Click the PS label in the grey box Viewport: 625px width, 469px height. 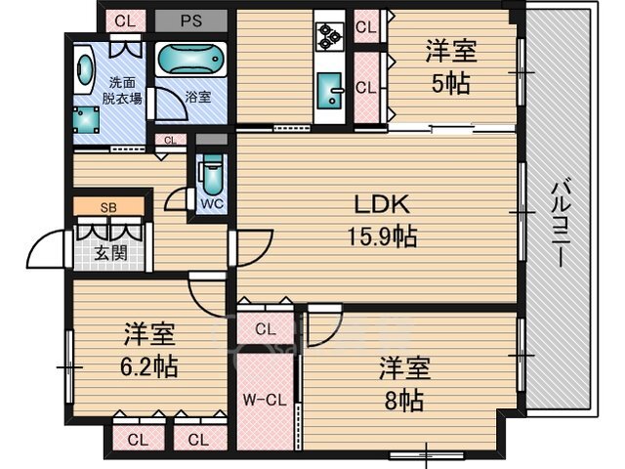[x=191, y=21]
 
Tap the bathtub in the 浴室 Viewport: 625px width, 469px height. [x=190, y=59]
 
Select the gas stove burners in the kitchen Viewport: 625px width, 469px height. [x=329, y=37]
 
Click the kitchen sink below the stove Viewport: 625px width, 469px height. [x=330, y=90]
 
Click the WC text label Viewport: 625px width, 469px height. [x=212, y=204]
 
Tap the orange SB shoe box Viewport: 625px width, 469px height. [x=108, y=206]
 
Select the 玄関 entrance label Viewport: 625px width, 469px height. [x=110, y=252]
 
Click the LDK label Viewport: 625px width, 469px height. [x=382, y=204]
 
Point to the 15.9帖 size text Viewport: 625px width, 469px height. [x=383, y=236]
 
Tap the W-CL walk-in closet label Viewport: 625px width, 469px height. [x=265, y=400]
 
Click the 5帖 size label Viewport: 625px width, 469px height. [x=451, y=84]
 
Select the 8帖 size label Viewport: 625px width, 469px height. [x=403, y=401]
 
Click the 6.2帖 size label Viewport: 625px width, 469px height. [x=149, y=366]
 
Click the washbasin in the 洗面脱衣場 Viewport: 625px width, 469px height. [x=84, y=67]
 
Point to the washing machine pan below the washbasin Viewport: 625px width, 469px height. [x=86, y=119]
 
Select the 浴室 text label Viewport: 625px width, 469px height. [x=197, y=97]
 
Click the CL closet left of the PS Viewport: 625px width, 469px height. [x=126, y=21]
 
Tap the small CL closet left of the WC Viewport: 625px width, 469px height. [x=170, y=141]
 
